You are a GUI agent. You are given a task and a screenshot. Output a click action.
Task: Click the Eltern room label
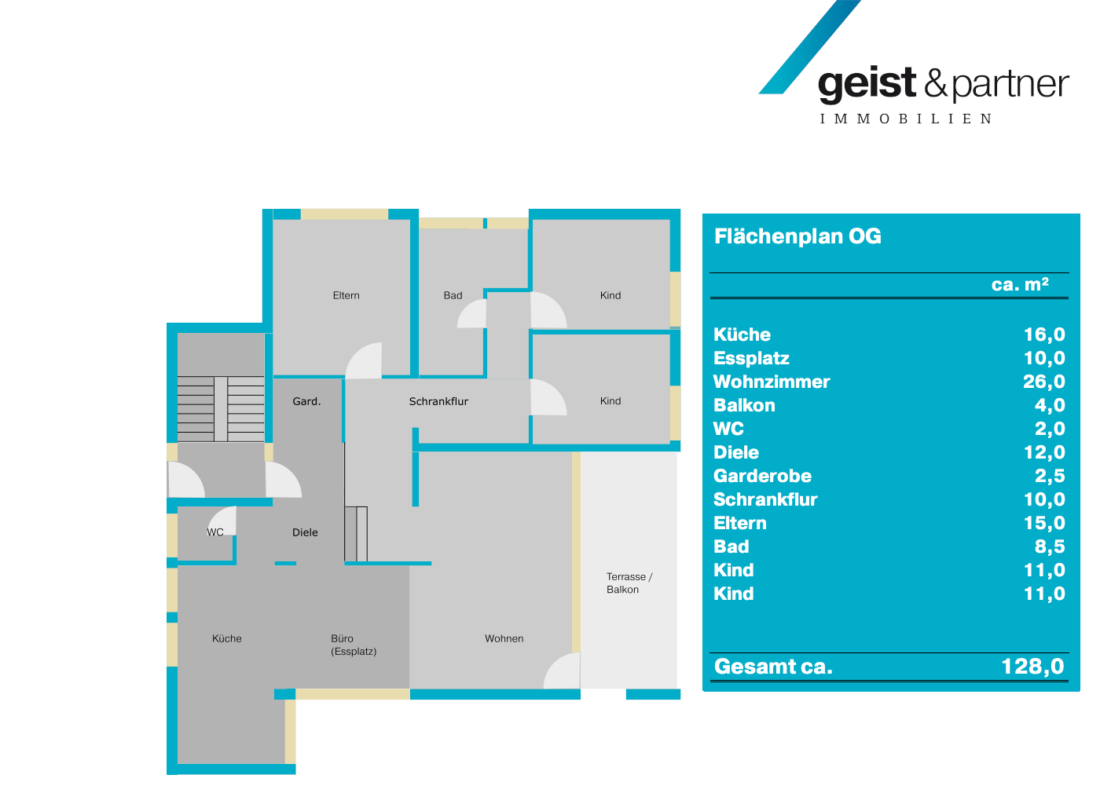tap(346, 296)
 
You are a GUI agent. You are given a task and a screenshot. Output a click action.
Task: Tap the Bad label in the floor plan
tap(453, 296)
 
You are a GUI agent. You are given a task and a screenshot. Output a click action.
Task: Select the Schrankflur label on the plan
tap(438, 401)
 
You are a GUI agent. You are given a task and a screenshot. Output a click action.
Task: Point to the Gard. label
tap(306, 401)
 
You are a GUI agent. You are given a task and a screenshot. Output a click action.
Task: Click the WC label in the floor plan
tap(215, 532)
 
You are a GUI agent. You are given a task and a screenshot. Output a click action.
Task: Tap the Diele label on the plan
tap(305, 532)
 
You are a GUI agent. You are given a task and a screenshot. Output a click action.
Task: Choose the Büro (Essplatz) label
tap(353, 645)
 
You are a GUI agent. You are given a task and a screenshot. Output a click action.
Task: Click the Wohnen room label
tap(504, 639)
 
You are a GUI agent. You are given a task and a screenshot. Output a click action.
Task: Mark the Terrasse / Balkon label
tap(629, 583)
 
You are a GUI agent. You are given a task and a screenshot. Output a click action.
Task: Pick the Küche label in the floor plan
tap(227, 639)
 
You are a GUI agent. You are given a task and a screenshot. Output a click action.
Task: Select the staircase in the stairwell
tap(221, 408)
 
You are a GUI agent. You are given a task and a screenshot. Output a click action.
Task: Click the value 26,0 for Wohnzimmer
tap(1043, 382)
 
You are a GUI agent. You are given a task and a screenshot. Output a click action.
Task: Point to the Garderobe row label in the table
tap(762, 477)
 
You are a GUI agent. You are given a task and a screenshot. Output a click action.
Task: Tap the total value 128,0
tap(1032, 667)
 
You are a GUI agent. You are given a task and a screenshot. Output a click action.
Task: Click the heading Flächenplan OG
tap(797, 236)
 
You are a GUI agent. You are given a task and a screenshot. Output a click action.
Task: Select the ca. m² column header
tap(1020, 284)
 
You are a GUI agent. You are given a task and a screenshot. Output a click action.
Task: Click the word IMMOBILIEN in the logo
tap(906, 119)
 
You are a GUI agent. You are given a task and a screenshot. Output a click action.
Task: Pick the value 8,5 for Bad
tap(1050, 547)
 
